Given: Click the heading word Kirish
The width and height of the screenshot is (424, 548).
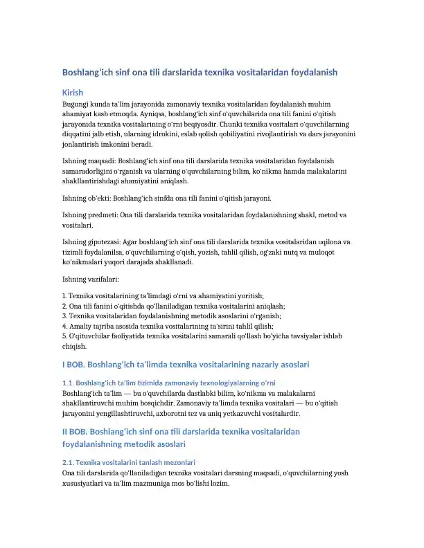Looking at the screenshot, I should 73,92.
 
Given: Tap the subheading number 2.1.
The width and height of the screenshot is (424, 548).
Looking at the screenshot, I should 68,462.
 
